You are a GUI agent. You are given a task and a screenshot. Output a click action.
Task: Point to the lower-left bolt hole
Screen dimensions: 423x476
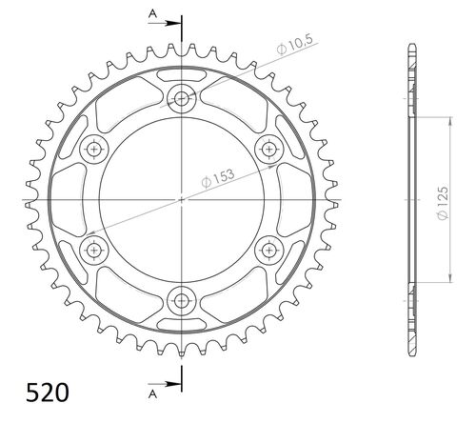[x=93, y=250]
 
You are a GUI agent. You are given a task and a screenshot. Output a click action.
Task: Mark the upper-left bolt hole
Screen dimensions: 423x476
[x=93, y=148]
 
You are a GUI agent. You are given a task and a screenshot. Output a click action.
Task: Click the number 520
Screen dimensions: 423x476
[x=44, y=392]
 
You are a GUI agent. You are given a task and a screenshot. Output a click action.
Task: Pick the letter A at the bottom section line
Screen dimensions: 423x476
[x=152, y=390]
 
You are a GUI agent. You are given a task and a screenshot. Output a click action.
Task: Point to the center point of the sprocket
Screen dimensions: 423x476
[x=181, y=199]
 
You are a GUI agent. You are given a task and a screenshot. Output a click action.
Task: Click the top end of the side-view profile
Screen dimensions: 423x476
[x=410, y=45]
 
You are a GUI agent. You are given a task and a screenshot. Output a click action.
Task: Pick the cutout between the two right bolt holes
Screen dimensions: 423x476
[x=277, y=199]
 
